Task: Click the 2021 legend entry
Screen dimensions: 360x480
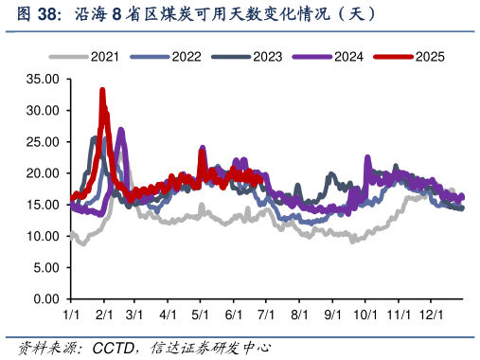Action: coord(104,57)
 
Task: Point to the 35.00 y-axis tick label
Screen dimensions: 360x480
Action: coord(43,79)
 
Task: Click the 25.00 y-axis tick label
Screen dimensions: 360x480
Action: coord(43,141)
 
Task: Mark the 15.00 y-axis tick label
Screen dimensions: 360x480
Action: coord(43,205)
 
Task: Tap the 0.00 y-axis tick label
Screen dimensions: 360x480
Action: coord(46,299)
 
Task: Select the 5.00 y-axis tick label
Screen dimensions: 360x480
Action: coord(46,268)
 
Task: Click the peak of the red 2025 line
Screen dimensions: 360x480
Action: coord(102,90)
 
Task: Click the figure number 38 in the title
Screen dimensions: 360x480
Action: coord(39,14)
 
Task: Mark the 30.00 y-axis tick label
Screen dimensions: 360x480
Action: coord(43,110)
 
